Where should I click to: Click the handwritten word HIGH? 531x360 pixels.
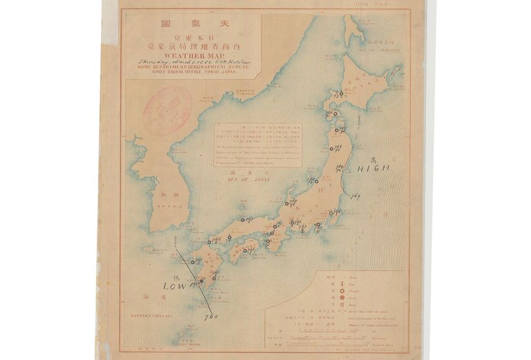[x=373, y=168]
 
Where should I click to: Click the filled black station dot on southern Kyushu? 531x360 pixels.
[x=201, y=282]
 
